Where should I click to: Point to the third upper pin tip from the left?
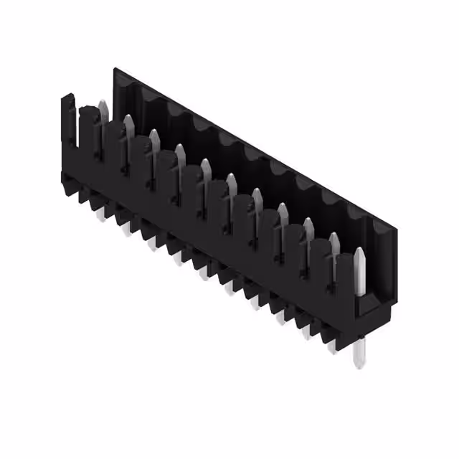click(x=154, y=138)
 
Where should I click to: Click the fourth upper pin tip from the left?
click(x=179, y=152)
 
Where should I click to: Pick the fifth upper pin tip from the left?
click(x=205, y=166)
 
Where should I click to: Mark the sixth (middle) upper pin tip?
click(x=231, y=181)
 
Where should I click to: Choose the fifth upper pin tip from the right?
click(x=256, y=195)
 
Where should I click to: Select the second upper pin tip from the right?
click(x=333, y=239)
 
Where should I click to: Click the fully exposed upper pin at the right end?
click(x=360, y=269)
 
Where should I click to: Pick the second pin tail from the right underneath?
click(x=331, y=346)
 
